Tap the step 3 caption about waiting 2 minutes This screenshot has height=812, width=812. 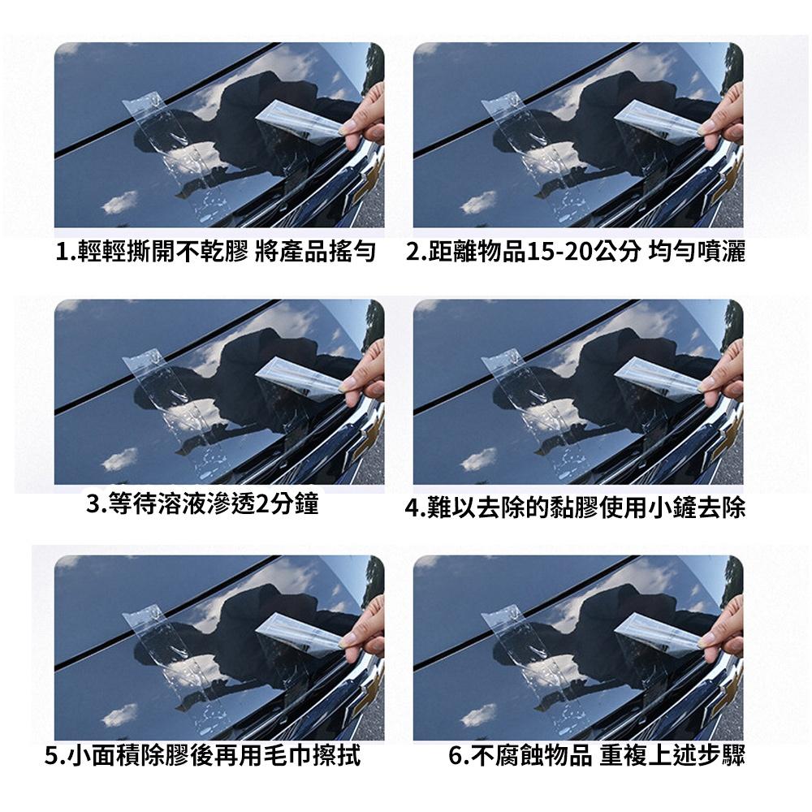click(x=202, y=504)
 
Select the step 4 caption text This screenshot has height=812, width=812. click(x=575, y=508)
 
